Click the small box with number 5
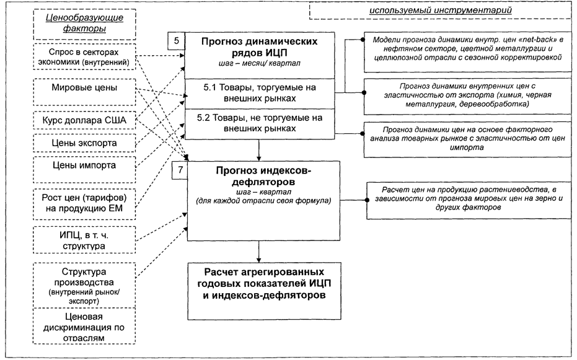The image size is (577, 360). click(178, 42)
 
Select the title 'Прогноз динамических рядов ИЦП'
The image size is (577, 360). click(260, 46)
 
